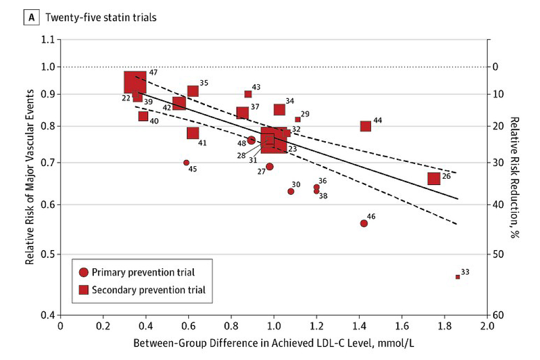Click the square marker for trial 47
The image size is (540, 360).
point(135,82)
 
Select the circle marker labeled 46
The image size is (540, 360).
point(364,223)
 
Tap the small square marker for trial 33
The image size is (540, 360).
point(458,277)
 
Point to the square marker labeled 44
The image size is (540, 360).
point(365,126)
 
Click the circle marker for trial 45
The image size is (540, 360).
point(186,163)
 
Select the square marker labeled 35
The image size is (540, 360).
point(193,91)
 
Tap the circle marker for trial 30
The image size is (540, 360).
point(291,191)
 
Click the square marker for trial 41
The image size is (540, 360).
point(193,133)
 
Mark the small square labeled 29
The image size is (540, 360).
point(298,119)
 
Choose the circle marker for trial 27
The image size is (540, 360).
point(269,167)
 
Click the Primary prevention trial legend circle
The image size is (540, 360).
point(83,272)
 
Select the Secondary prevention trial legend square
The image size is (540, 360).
point(83,290)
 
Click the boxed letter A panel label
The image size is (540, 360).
point(31,18)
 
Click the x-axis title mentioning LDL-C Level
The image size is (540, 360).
point(274,343)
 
